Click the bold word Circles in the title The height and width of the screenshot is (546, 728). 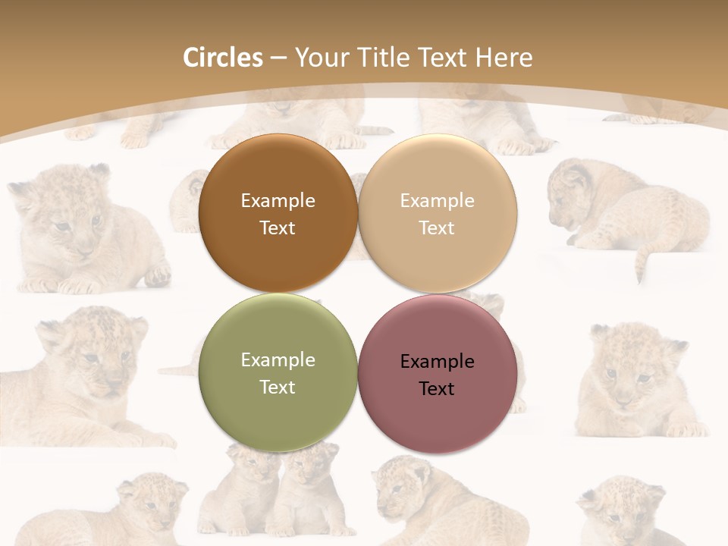(x=222, y=58)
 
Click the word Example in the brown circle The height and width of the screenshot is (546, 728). (x=278, y=201)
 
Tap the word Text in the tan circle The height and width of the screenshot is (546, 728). (x=437, y=228)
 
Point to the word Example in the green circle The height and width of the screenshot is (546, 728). (x=278, y=360)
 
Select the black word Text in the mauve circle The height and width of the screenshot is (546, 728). (x=437, y=389)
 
